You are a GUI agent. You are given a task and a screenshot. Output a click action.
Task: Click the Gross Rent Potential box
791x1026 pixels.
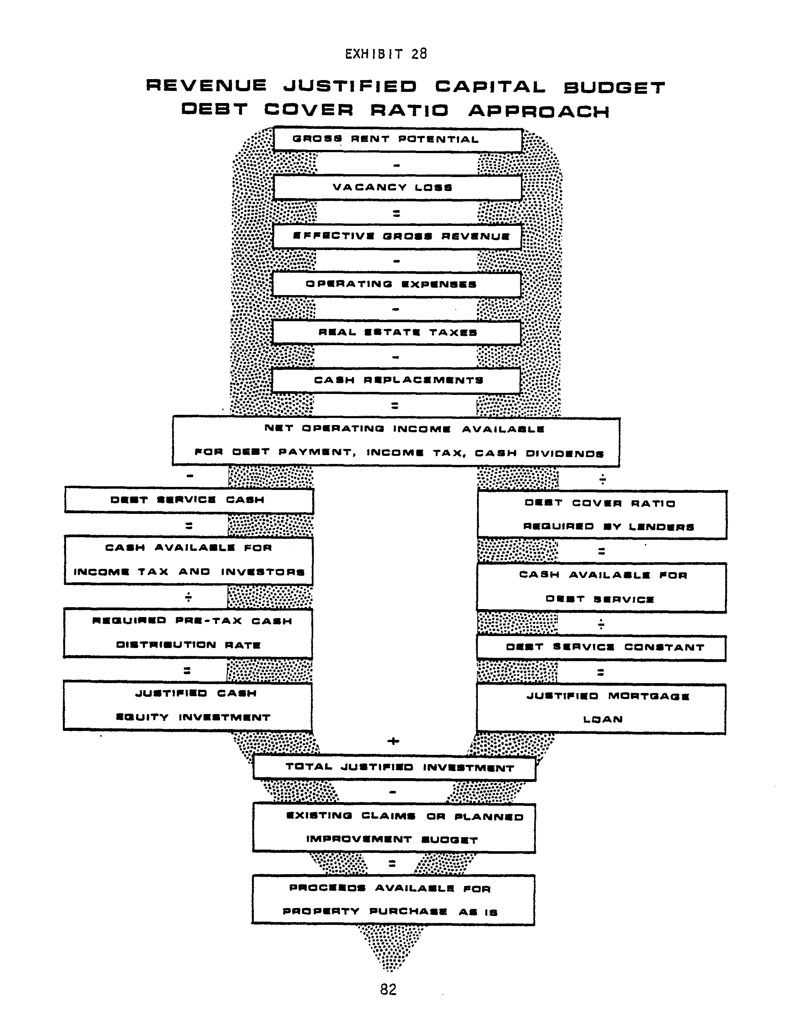(398, 140)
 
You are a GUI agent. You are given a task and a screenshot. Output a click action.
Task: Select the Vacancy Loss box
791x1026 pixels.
(397, 187)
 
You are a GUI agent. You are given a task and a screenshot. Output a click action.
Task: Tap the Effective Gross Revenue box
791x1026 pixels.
(397, 236)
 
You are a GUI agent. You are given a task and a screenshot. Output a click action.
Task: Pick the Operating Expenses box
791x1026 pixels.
(397, 284)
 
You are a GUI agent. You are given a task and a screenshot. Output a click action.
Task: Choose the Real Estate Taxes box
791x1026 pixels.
(396, 333)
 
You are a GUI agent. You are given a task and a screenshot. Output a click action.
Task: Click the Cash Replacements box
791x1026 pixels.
(396, 381)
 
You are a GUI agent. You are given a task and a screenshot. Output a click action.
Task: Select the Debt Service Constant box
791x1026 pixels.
(601, 648)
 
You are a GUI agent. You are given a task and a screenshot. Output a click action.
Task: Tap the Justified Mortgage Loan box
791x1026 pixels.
(601, 708)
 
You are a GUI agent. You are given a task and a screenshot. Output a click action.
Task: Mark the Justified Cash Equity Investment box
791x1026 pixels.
(187, 706)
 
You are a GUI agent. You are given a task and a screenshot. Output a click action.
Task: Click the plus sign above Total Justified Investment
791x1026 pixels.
(393, 741)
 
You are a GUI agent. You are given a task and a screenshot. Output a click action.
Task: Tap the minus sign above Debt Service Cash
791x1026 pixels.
(190, 476)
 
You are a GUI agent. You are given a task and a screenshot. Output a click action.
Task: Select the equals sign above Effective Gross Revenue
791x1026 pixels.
(396, 213)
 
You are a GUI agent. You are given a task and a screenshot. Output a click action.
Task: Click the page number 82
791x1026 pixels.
(388, 989)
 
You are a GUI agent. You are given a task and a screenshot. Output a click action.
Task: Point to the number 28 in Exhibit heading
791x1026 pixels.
(419, 54)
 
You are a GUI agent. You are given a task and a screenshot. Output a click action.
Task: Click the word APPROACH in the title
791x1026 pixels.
(539, 111)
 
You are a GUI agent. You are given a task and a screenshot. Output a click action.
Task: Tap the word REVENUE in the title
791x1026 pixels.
(206, 85)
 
